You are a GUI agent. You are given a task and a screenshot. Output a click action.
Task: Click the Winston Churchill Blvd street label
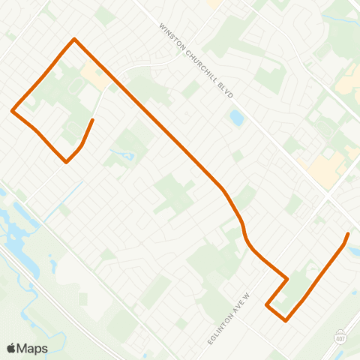(197, 62)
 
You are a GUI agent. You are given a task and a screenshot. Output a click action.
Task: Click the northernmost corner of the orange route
(74, 39)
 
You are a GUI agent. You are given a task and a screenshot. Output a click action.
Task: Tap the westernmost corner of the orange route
(12, 111)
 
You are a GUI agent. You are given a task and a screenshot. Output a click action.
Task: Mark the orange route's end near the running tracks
(92, 120)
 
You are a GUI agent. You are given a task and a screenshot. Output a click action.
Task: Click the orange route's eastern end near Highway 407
(348, 235)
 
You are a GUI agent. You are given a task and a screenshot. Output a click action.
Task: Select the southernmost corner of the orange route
(286, 321)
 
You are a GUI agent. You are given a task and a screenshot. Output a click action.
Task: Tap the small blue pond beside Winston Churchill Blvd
(237, 118)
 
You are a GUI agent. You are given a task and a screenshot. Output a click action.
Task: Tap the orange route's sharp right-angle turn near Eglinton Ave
(287, 278)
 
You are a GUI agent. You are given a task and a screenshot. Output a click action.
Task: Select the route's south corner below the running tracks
(67, 161)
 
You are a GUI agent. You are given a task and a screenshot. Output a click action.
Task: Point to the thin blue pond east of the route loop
(127, 155)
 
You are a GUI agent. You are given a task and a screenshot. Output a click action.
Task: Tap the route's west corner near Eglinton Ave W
(267, 305)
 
